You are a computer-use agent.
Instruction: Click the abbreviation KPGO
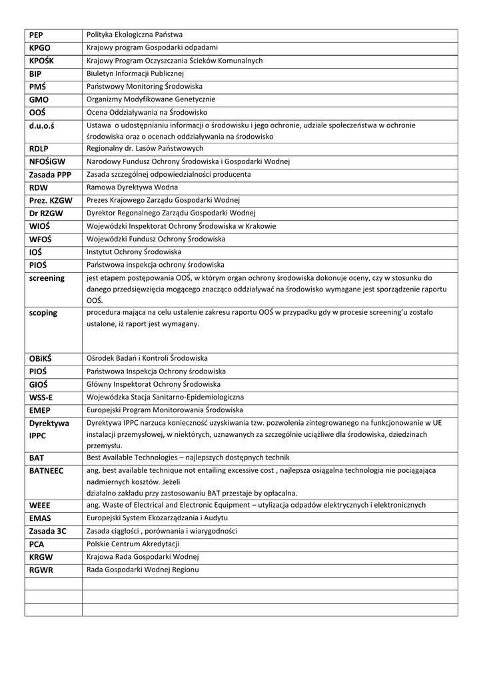point(40,48)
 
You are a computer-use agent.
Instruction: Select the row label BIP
point(35,73)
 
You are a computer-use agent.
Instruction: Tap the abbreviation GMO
point(39,99)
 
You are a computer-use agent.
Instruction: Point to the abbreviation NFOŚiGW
point(47,161)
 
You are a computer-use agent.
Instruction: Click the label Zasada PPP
point(50,175)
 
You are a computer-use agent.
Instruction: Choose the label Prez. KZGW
point(51,200)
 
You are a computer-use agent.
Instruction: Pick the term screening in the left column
point(47,278)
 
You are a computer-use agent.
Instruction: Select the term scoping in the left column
point(43,313)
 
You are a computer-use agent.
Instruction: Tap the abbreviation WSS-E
point(41,398)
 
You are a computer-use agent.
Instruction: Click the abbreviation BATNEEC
point(47,471)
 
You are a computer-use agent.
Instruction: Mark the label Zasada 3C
point(47,532)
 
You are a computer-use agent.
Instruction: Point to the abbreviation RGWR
point(41,570)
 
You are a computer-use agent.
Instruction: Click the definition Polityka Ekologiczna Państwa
point(135,35)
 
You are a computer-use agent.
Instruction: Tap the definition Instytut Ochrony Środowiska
point(134,252)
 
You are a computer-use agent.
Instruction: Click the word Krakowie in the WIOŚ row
point(260,226)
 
